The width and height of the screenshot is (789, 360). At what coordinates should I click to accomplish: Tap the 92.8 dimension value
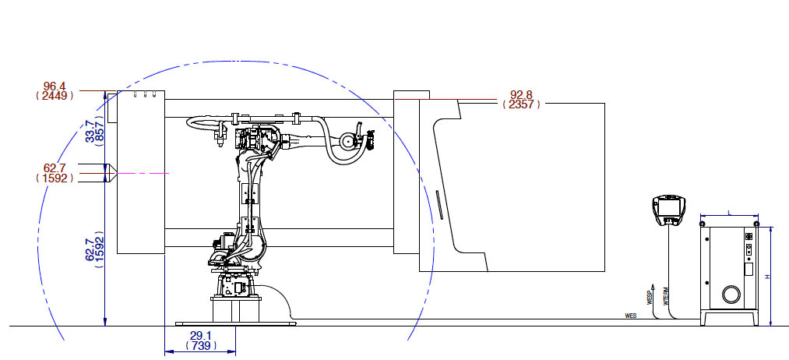[x=521, y=94]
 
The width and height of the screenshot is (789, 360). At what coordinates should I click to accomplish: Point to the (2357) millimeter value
[x=521, y=104]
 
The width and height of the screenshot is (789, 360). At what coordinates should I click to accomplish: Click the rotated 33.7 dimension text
[x=90, y=132]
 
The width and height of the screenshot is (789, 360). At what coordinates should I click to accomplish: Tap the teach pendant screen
[x=667, y=207]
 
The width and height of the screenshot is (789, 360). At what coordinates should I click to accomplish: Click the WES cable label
[x=631, y=316]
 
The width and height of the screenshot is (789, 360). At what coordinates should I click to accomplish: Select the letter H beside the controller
[x=767, y=277]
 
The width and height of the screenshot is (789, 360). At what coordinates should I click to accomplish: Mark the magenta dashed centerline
[x=143, y=173]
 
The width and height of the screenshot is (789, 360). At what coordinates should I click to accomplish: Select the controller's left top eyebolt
[x=703, y=224]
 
